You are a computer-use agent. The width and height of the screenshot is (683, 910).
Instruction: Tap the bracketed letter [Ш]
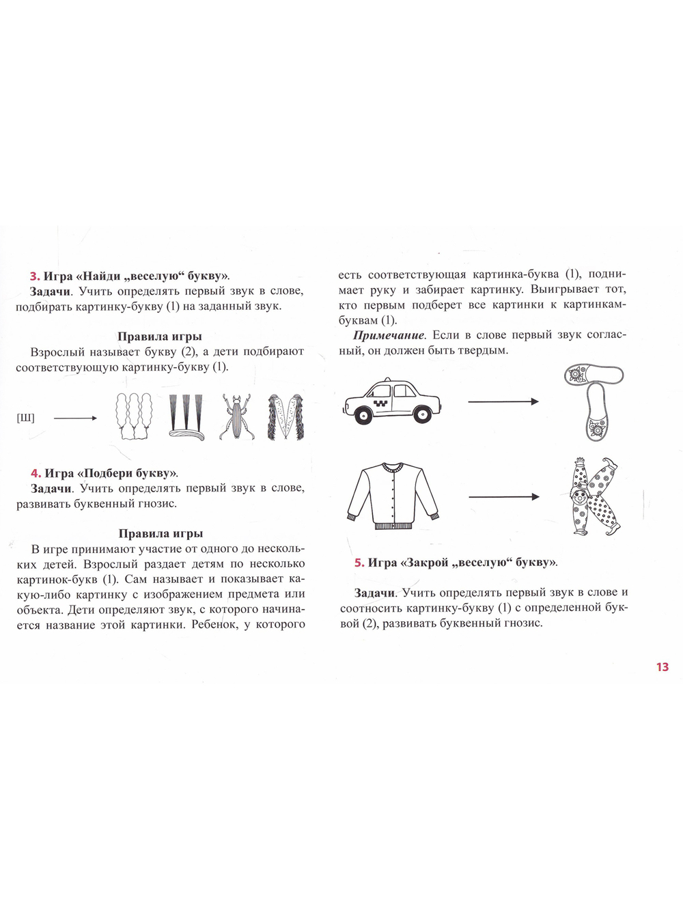point(26,418)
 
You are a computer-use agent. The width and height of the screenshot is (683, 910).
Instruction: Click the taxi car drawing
point(392,401)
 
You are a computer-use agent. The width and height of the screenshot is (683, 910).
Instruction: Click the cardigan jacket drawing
point(393,496)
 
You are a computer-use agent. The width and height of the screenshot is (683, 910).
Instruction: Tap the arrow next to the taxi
point(503,401)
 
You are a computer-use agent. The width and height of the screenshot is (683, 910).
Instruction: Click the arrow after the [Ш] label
point(75,418)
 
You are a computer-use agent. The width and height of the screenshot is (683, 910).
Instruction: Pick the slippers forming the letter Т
point(594,403)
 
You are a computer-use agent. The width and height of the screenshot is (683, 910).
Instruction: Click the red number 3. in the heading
point(34,276)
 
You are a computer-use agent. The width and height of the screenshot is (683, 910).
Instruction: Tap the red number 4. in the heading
point(36,473)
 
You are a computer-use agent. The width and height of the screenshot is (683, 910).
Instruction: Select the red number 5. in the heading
point(359,563)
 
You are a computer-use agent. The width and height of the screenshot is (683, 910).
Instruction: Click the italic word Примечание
point(389,335)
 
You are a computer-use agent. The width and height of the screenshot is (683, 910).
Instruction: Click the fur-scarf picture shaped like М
point(285,416)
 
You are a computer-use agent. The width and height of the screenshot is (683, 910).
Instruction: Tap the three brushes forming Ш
point(186,417)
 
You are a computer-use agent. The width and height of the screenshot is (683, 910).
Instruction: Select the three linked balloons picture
point(133,416)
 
